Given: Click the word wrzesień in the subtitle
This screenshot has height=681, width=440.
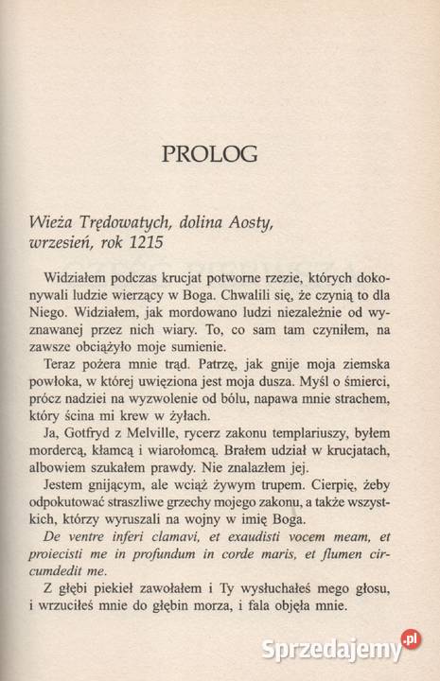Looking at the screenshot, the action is [66, 242].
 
